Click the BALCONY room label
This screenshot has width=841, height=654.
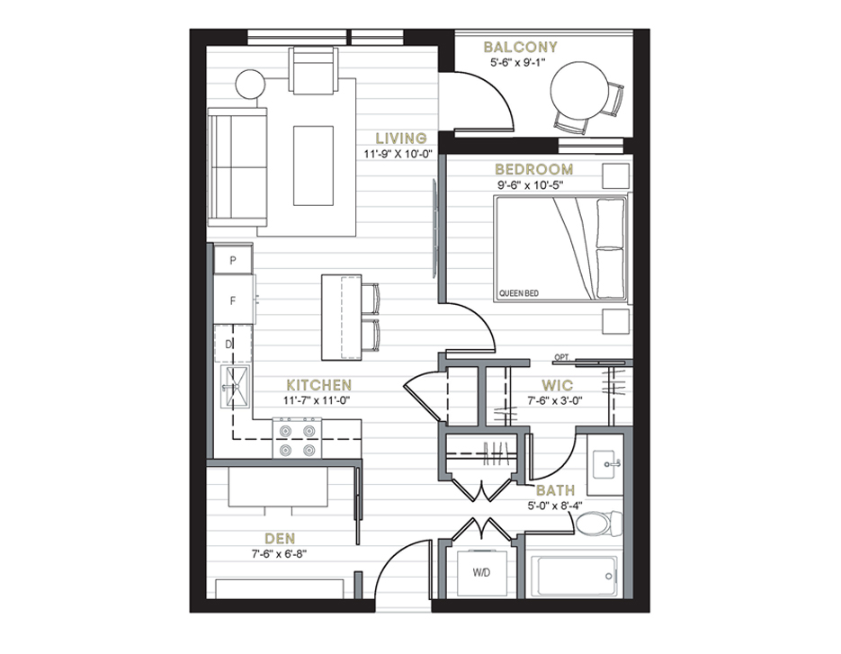pos(520,47)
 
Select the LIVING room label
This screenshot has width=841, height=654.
pos(401,139)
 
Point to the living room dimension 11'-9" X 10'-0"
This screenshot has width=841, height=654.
pos(398,155)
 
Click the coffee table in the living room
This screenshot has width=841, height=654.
pos(313,166)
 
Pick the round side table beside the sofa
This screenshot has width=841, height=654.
pos(250,85)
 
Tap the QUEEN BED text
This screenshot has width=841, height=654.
pos(519,293)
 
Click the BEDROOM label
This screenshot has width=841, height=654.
pos(533,169)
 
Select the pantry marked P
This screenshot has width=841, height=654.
pos(233,260)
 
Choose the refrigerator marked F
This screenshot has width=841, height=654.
pos(233,300)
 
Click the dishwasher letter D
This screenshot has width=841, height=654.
pos(228,345)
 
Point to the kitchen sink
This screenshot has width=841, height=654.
pos(236,386)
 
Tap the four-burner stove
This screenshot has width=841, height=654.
pos(297,439)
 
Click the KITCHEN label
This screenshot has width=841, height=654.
pos(319,385)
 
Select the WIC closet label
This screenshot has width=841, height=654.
pos(558,385)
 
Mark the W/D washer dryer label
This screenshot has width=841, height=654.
pos(481,573)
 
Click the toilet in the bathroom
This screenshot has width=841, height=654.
pos(598,523)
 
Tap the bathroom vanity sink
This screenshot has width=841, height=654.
pos(605,464)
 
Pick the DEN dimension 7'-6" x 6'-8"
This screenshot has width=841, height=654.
pos(280,553)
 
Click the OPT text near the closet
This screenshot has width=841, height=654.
pos(561,357)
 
